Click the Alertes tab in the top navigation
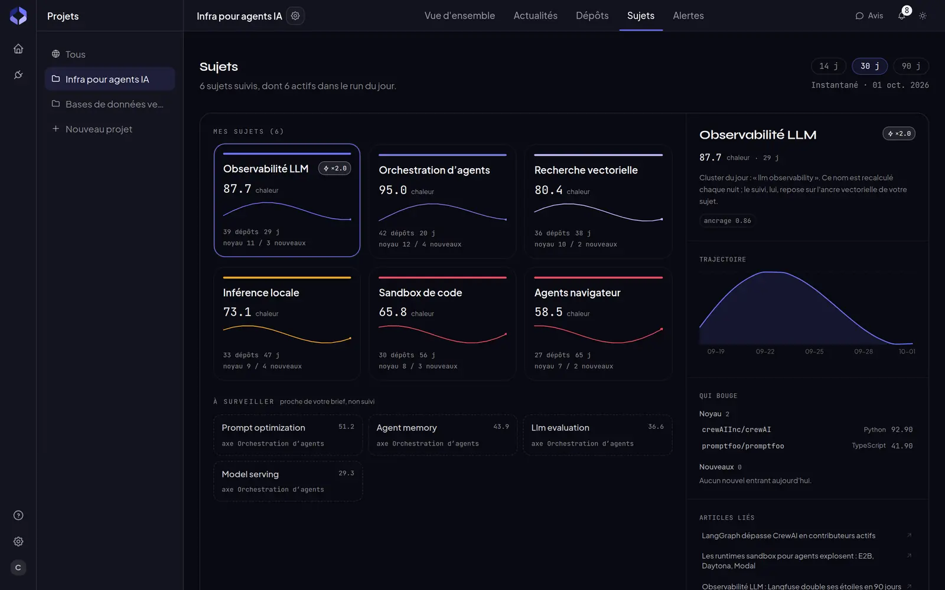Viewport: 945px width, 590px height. pyautogui.click(x=688, y=15)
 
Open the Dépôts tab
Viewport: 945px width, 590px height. pyautogui.click(x=592, y=15)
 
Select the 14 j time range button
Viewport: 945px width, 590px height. pyautogui.click(x=828, y=66)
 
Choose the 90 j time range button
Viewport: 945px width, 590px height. pyautogui.click(x=911, y=66)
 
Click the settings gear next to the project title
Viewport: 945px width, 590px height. pyautogui.click(x=295, y=16)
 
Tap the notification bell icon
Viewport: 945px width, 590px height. pyautogui.click(x=901, y=16)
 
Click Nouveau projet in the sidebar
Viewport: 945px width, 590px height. pyautogui.click(x=99, y=129)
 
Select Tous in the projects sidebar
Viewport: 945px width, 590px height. pyautogui.click(x=75, y=54)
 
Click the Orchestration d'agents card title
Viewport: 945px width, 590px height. pyautogui.click(x=434, y=171)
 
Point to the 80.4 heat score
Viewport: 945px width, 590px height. pyautogui.click(x=548, y=190)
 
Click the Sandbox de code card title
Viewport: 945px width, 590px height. pyautogui.click(x=420, y=293)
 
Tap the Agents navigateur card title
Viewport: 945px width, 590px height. pyautogui.click(x=577, y=293)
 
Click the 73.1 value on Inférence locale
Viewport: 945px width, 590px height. pyautogui.click(x=237, y=312)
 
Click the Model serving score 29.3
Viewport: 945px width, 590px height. pyautogui.click(x=346, y=473)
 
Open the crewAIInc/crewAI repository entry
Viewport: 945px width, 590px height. pyautogui.click(x=736, y=430)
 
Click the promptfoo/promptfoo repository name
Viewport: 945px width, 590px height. pyautogui.click(x=742, y=446)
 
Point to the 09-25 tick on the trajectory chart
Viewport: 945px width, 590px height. pyautogui.click(x=814, y=352)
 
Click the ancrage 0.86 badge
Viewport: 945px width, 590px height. pyautogui.click(x=727, y=221)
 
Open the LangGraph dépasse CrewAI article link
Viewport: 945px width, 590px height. pyautogui.click(x=788, y=536)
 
